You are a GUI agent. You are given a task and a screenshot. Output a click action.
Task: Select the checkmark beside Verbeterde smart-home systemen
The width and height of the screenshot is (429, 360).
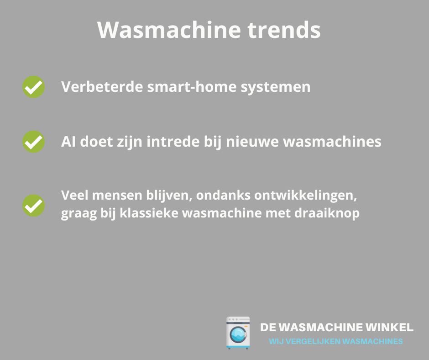(33, 87)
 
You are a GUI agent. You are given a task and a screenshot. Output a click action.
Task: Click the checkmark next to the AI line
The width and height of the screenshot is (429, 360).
(33, 142)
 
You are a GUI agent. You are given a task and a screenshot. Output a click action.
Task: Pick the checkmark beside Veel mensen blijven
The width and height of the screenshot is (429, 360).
(33, 205)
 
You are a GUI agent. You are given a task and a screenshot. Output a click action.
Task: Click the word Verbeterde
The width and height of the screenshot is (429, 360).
(102, 87)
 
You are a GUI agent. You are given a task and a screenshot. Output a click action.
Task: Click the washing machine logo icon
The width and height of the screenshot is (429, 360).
(238, 333)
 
